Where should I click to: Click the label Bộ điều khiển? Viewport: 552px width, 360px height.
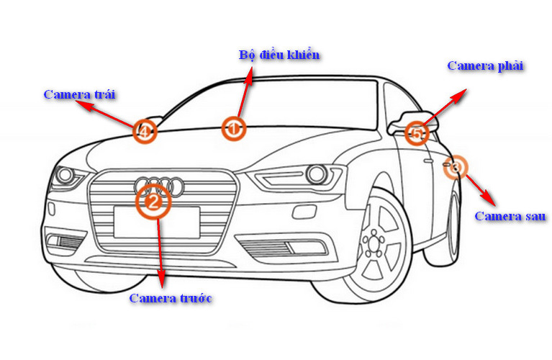pyautogui.click(x=279, y=55)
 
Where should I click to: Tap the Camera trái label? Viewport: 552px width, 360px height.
pyautogui.click(x=80, y=94)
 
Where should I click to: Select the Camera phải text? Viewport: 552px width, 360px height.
pyautogui.click(x=485, y=66)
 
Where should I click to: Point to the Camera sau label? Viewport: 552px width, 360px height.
pyautogui.click(x=510, y=216)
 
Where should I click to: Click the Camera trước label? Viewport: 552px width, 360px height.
pyautogui.click(x=171, y=298)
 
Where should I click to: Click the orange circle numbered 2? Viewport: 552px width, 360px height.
pyautogui.click(x=153, y=202)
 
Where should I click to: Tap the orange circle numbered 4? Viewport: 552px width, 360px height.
pyautogui.click(x=145, y=131)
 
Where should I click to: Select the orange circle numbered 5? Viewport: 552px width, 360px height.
pyautogui.click(x=416, y=132)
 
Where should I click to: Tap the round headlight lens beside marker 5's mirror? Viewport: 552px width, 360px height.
pyautogui.click(x=315, y=174)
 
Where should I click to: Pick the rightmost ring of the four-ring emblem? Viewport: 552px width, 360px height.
pyautogui.click(x=175, y=186)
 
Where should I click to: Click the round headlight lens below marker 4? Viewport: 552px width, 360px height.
pyautogui.click(x=65, y=174)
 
